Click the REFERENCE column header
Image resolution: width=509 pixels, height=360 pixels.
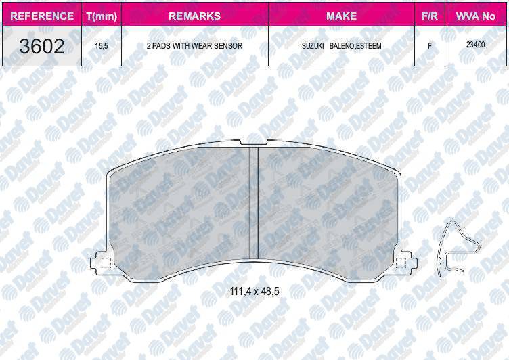pyautogui.click(x=42, y=16)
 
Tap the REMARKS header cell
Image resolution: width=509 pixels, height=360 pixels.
pyautogui.click(x=194, y=16)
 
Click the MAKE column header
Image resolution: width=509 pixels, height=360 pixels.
pyautogui.click(x=341, y=16)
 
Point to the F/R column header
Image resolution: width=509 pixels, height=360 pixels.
pyautogui.click(x=429, y=16)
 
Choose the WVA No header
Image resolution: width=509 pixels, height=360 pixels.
pyautogui.click(x=474, y=16)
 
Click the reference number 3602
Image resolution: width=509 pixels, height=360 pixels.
pyautogui.click(x=42, y=47)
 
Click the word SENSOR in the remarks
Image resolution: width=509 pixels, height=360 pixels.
pyautogui.click(x=227, y=47)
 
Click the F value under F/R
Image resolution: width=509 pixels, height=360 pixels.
pyautogui.click(x=429, y=47)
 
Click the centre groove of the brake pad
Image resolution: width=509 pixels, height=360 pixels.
pyautogui.click(x=255, y=203)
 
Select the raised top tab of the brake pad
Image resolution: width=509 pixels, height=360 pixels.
pyautogui.click(x=255, y=143)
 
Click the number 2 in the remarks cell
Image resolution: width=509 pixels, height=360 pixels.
pyautogui.click(x=148, y=47)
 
